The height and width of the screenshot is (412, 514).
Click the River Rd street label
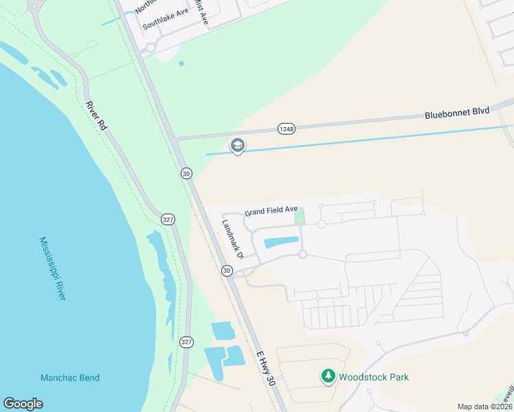coord(97,117)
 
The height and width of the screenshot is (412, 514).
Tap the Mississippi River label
coord(52,268)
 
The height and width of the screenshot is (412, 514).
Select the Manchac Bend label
coord(70,378)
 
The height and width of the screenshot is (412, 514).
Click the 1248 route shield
coord(287,129)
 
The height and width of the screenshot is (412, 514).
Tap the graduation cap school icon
coord(238,146)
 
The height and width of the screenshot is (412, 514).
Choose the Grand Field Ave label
coord(271,209)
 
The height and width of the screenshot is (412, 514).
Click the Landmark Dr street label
coord(234,238)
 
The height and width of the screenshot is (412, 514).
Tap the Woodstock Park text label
coord(375,377)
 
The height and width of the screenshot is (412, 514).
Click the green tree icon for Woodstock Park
coord(328,376)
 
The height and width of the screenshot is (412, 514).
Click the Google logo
coord(23,404)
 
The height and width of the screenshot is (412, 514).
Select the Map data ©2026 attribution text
coord(484,407)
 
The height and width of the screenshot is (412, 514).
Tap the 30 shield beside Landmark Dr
coord(227,271)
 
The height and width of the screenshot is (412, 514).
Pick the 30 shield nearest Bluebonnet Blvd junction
coord(186,173)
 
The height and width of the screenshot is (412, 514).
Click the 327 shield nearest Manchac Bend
coord(186,341)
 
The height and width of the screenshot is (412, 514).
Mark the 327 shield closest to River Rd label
coord(167,219)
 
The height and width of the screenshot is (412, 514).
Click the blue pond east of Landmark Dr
coord(281,242)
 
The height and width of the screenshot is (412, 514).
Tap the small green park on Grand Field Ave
coord(299,216)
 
